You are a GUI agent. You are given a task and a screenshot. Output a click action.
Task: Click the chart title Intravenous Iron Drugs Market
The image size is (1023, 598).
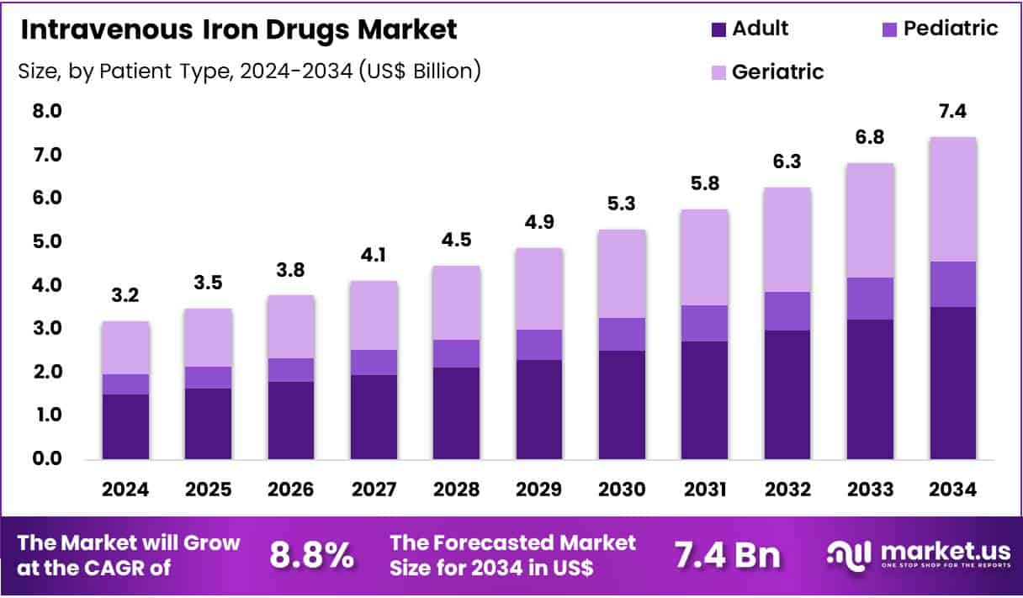[237, 30]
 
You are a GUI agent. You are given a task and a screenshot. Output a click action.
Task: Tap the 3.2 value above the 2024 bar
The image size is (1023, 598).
[125, 296]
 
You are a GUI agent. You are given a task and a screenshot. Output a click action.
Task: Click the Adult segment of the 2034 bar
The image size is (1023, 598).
[952, 383]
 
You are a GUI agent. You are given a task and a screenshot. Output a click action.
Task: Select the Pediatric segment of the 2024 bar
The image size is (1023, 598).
[125, 384]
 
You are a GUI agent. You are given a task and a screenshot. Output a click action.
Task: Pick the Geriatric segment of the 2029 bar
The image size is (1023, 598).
[539, 288]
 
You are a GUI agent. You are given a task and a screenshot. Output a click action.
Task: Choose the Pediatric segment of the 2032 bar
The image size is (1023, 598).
[787, 311]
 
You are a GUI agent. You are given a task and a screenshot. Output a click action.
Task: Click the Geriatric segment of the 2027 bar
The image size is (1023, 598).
[374, 315]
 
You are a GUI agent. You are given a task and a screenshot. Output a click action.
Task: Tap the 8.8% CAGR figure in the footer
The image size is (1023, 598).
[311, 556]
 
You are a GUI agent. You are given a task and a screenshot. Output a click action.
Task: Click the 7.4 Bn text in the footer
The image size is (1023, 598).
[727, 556]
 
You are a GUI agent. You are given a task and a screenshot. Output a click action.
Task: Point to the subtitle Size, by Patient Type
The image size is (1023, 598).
[249, 71]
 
